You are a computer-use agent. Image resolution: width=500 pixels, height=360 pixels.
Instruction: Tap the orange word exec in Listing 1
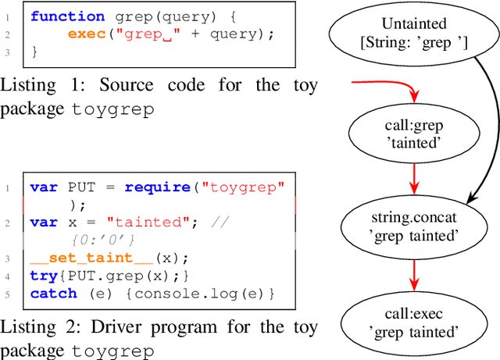click(x=84, y=34)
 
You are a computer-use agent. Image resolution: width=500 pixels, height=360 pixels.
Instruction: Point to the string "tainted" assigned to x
click(x=154, y=223)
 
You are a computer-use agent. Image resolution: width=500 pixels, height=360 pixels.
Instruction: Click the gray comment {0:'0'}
click(x=102, y=240)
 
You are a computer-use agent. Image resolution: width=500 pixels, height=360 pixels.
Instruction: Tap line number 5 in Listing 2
click(x=8, y=294)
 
